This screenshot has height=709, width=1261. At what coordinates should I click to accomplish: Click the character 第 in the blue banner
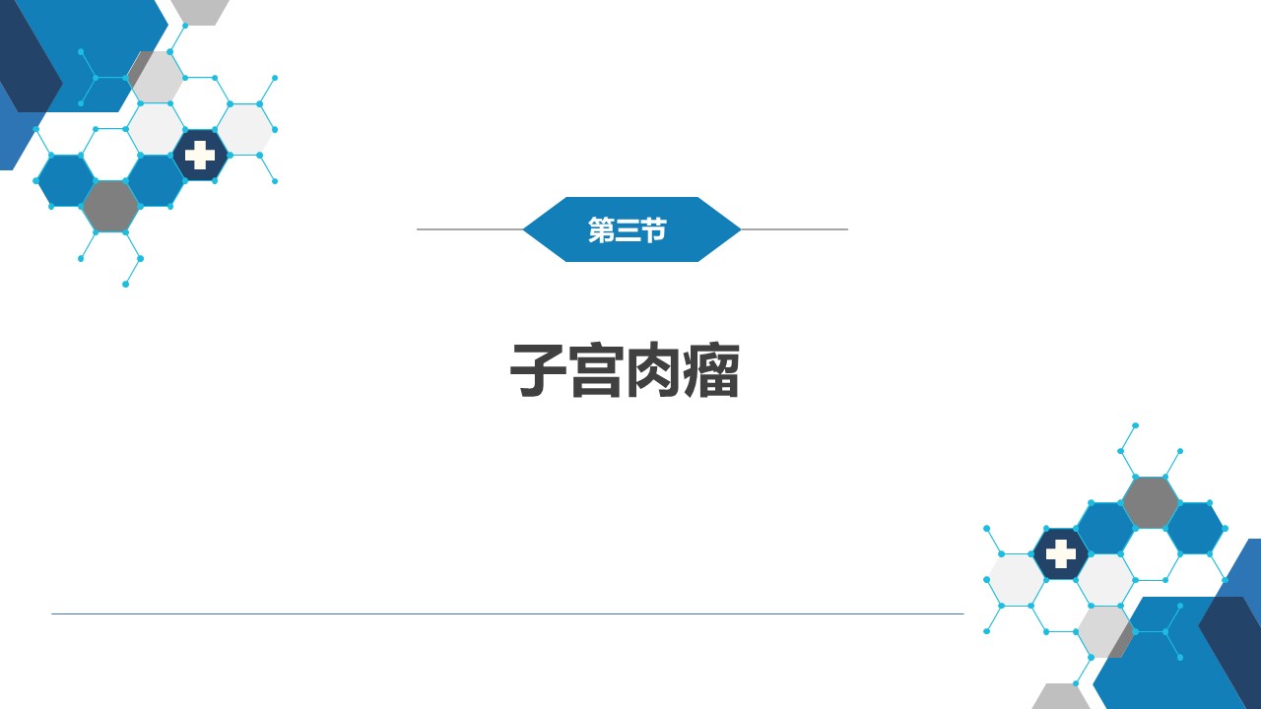click(601, 230)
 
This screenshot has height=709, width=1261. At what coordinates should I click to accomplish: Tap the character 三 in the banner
click(628, 230)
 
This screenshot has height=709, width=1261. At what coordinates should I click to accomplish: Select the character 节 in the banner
click(653, 230)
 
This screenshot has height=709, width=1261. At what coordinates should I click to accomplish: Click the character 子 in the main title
click(538, 369)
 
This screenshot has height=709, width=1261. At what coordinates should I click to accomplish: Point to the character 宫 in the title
click(597, 369)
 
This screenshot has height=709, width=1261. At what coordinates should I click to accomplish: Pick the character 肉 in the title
click(653, 369)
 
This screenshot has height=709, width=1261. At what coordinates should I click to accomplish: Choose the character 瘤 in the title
click(711, 369)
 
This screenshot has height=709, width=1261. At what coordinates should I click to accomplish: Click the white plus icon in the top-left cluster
click(200, 156)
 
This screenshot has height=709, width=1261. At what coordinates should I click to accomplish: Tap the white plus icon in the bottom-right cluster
click(1061, 553)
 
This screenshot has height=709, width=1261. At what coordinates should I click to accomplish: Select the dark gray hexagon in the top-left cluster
click(111, 207)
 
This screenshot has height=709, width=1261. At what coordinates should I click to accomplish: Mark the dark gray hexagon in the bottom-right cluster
click(1150, 502)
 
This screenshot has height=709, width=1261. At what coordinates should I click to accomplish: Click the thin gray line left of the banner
click(470, 229)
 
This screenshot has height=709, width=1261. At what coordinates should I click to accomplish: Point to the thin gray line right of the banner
click(794, 229)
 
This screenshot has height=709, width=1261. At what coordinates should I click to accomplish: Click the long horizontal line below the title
click(507, 613)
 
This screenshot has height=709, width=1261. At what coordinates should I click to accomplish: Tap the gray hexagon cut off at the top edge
click(200, 11)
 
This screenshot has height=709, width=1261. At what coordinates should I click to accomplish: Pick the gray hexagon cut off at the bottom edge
click(1061, 696)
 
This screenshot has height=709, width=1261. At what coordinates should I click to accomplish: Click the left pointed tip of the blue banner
click(523, 229)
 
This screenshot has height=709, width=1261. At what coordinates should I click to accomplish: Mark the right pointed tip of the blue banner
click(740, 229)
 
